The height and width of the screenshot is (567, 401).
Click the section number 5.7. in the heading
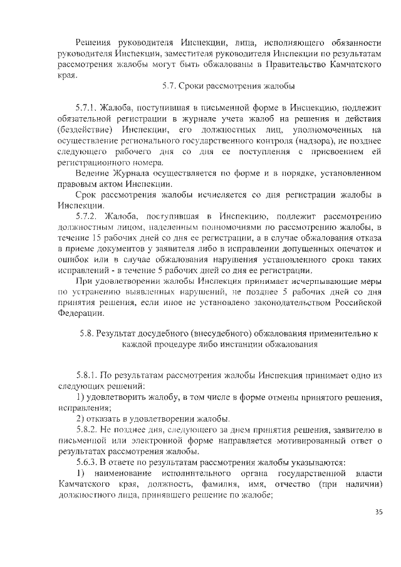coord(169,85)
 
